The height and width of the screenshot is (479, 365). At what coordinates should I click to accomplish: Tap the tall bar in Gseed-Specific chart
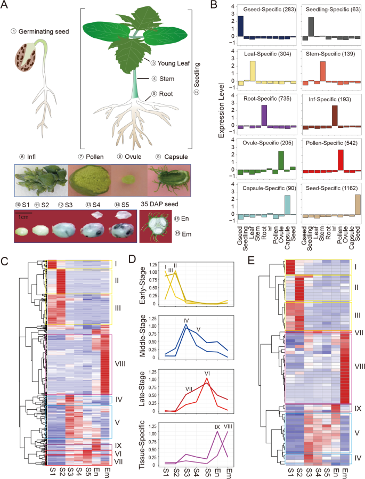240,26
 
